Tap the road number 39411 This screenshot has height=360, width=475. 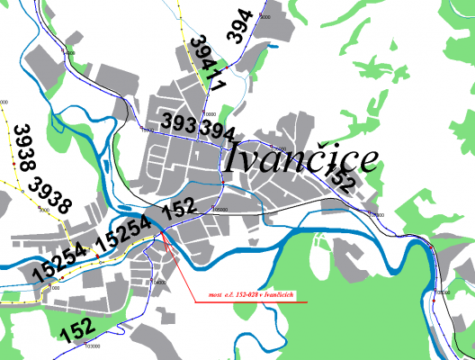tap(209, 61)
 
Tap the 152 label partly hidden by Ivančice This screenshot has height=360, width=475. tap(343, 179)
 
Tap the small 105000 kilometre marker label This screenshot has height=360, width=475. tap(375, 214)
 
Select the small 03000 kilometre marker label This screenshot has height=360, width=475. tap(91, 345)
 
